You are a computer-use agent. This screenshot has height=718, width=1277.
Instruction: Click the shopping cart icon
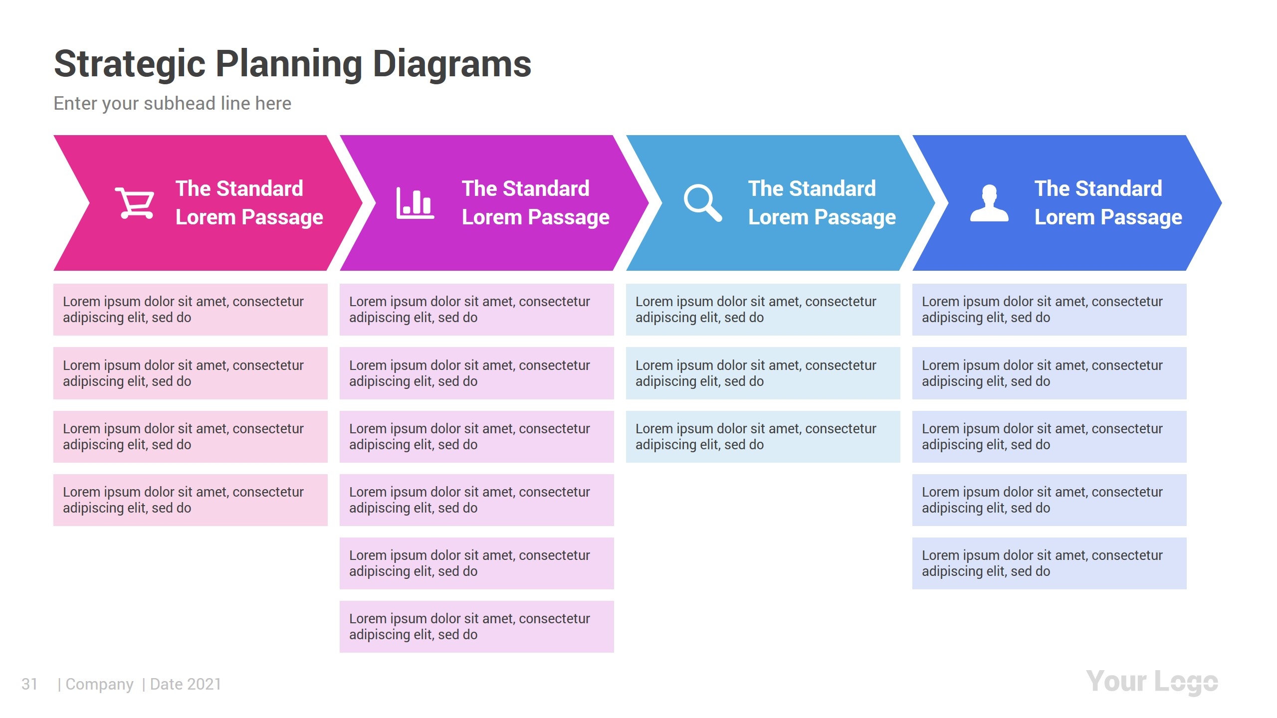135,203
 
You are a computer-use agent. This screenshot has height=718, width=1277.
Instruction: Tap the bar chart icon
415,203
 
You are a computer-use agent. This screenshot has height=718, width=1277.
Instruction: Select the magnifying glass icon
702,202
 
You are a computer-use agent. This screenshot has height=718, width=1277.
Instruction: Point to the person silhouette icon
989,203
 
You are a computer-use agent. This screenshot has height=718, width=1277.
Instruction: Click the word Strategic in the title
130,64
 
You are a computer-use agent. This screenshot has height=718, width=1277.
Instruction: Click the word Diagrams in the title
452,64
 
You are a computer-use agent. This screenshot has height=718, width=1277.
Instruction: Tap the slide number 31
29,684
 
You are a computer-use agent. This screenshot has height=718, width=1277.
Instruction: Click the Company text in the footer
99,684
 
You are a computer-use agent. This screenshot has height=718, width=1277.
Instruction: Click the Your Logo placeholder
1152,682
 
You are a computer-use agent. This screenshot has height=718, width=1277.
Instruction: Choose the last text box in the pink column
190,500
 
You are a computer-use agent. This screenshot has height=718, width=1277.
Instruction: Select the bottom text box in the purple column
476,627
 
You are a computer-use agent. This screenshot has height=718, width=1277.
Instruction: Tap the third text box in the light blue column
763,437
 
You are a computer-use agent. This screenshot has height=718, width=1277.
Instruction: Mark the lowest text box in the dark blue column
1049,563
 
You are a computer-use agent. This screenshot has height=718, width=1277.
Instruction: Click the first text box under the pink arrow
190,310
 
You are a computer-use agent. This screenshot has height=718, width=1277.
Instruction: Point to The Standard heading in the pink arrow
239,188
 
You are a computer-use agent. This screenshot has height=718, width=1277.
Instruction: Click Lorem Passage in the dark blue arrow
1108,217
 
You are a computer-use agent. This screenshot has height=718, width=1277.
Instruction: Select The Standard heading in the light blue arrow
812,188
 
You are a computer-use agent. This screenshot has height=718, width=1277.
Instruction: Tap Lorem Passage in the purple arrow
535,217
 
